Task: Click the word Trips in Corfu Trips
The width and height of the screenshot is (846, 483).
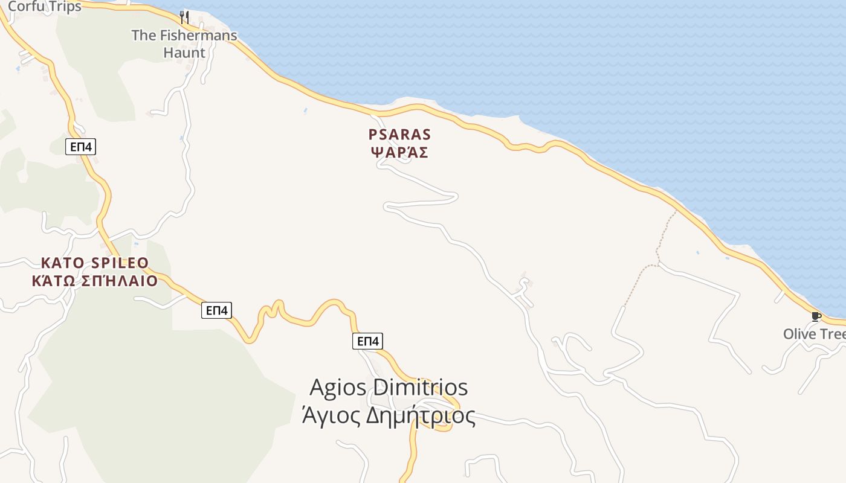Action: pyautogui.click(x=61, y=7)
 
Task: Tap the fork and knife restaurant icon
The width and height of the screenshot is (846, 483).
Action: pyautogui.click(x=184, y=17)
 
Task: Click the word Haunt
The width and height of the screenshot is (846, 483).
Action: pyautogui.click(x=184, y=53)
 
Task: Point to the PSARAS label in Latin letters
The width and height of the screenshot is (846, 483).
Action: pyautogui.click(x=400, y=135)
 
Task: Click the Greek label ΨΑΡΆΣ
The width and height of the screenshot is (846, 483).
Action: pyautogui.click(x=400, y=153)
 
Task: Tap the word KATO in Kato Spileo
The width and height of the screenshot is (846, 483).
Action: pyautogui.click(x=62, y=263)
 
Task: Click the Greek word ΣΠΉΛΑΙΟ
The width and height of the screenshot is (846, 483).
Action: pyautogui.click(x=119, y=281)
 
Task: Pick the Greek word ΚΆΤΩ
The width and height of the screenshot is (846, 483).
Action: pyautogui.click(x=55, y=281)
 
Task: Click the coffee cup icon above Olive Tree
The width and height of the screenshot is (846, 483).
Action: pyautogui.click(x=816, y=316)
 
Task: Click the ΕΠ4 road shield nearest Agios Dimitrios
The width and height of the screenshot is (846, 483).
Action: pyautogui.click(x=367, y=341)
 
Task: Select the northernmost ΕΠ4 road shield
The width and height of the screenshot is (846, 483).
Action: pyautogui.click(x=80, y=147)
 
